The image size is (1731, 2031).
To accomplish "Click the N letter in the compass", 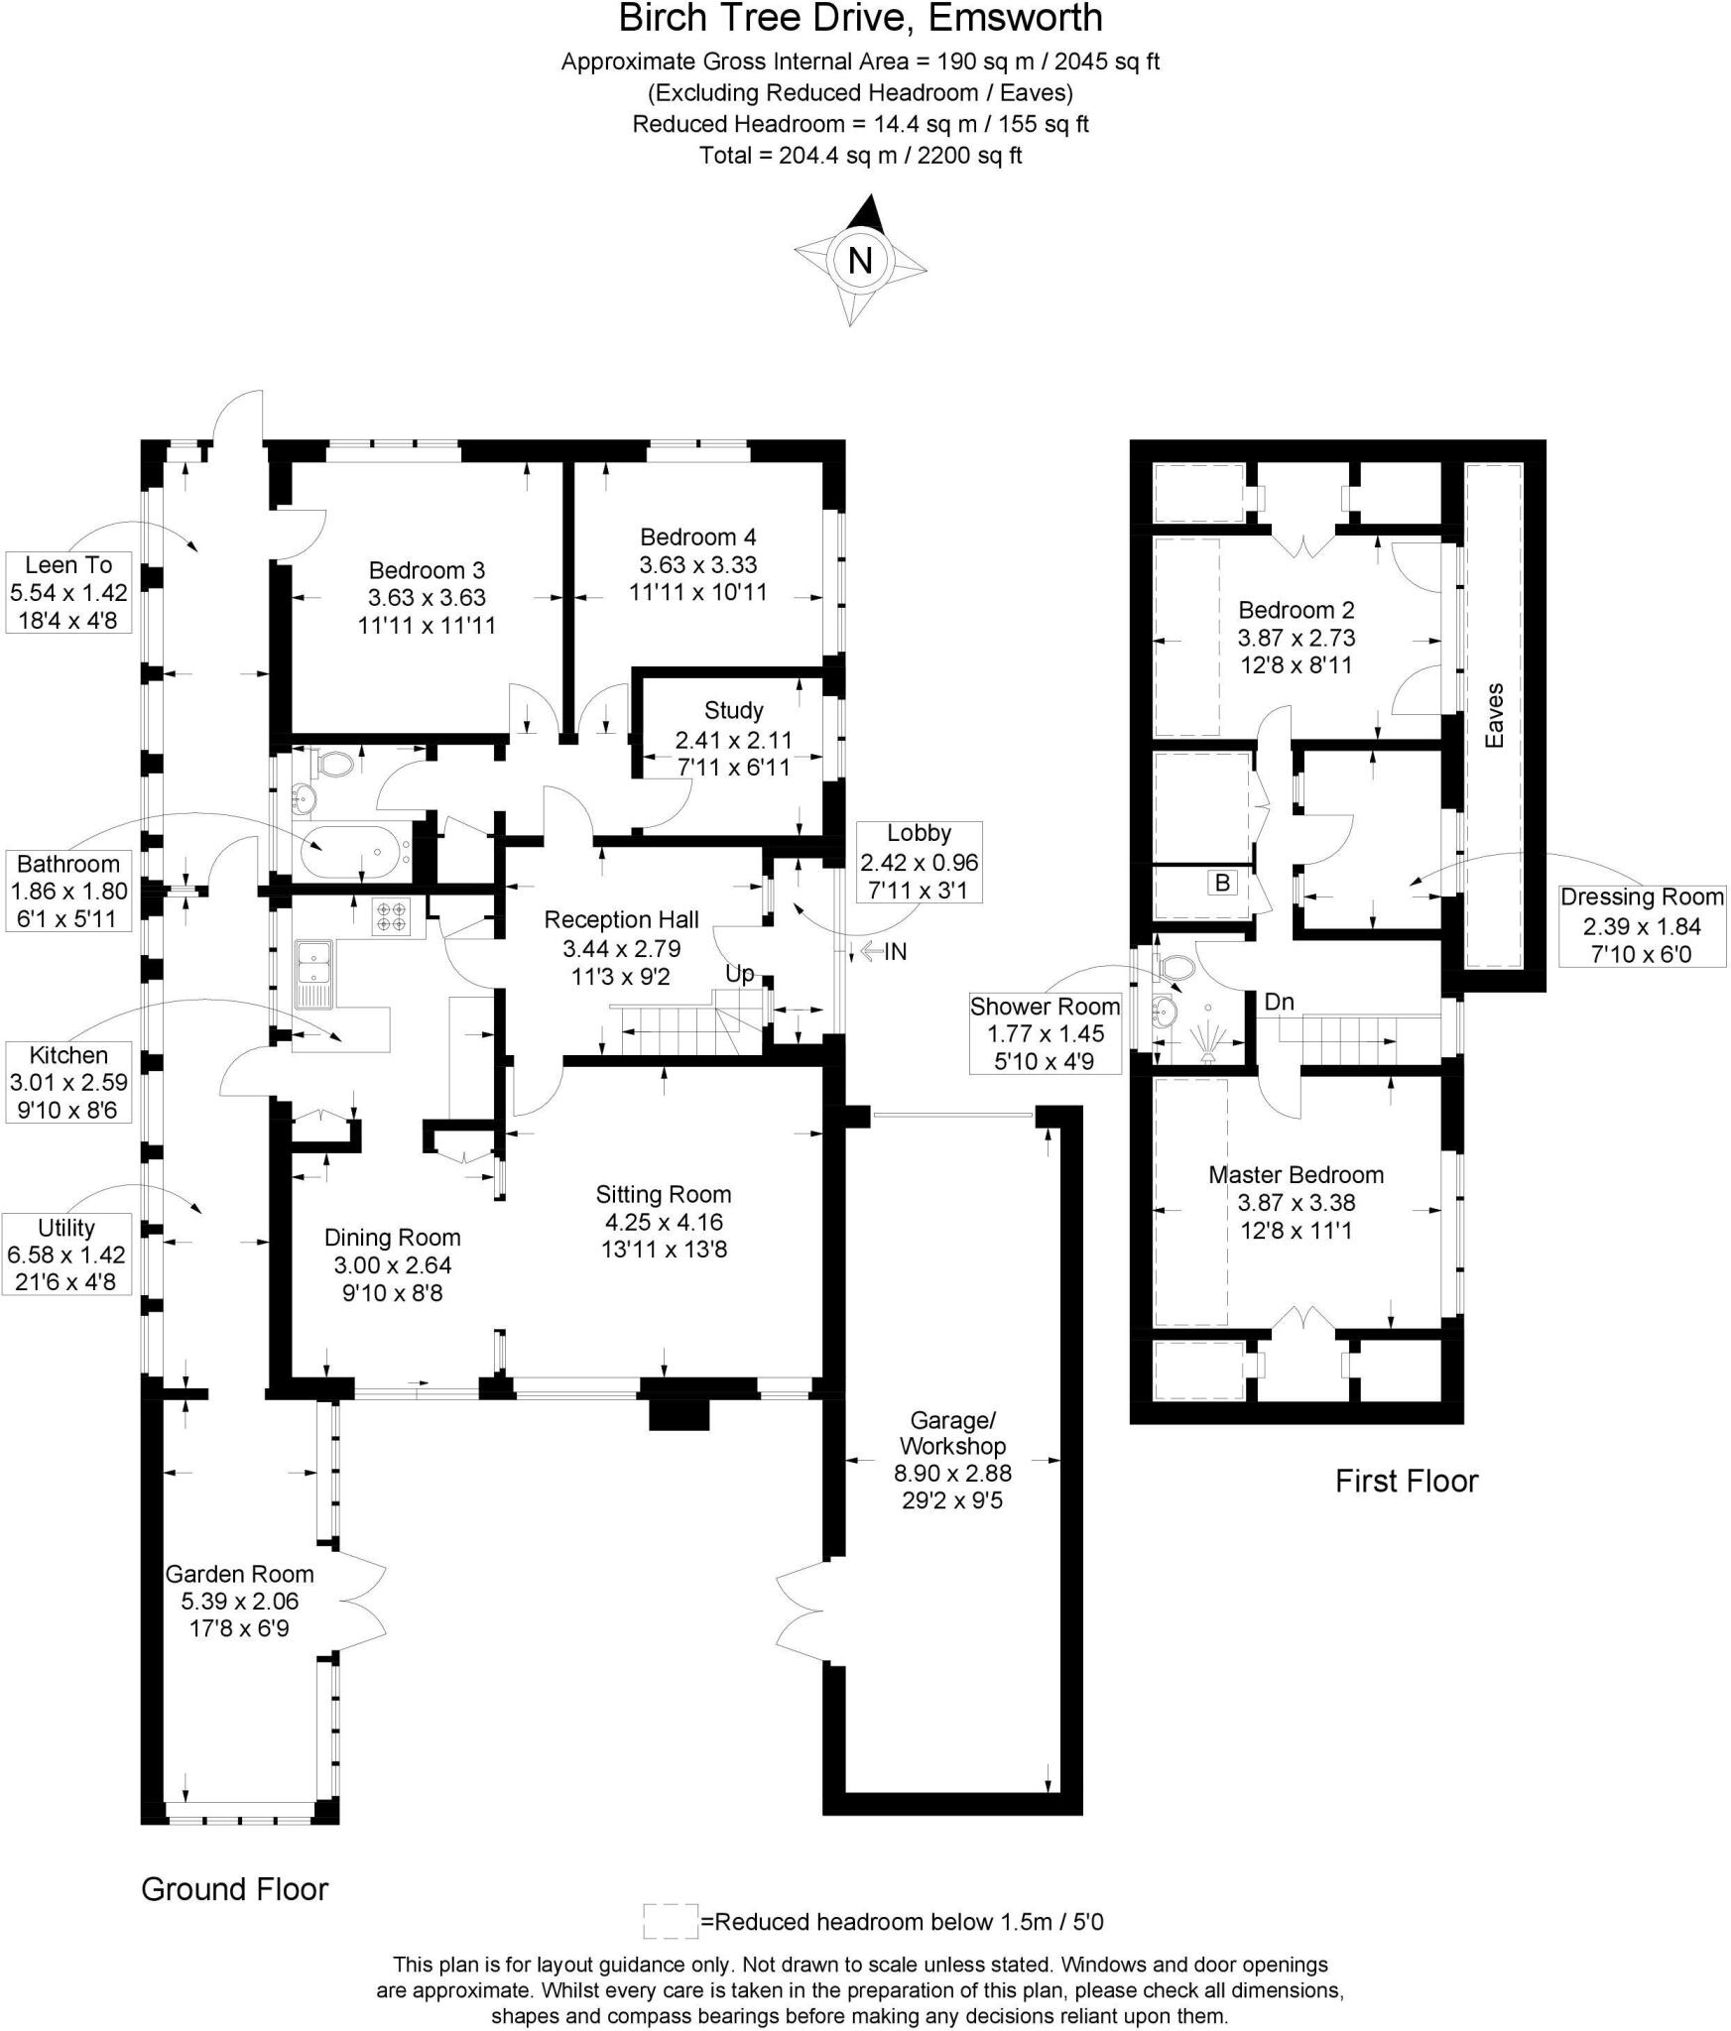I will [860, 261].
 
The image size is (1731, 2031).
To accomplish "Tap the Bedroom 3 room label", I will [427, 570].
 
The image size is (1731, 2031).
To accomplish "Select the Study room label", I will [734, 710].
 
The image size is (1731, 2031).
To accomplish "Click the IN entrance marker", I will [895, 952].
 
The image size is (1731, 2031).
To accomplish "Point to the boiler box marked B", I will [1222, 883].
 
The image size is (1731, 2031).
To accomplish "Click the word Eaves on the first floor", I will [1495, 715].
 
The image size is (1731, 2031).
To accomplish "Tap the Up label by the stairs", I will [739, 974].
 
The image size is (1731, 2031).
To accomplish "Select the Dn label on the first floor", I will [1279, 1002].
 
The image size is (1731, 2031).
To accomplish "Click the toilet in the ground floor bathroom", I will [334, 765].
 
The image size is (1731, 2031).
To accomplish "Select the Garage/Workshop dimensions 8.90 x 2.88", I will [952, 1474].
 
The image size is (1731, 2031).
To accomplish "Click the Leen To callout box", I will [68, 593].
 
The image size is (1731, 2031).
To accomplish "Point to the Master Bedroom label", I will [1296, 1175].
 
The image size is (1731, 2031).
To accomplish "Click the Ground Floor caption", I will [234, 1889].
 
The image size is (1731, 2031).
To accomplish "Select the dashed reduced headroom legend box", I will [671, 1921].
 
